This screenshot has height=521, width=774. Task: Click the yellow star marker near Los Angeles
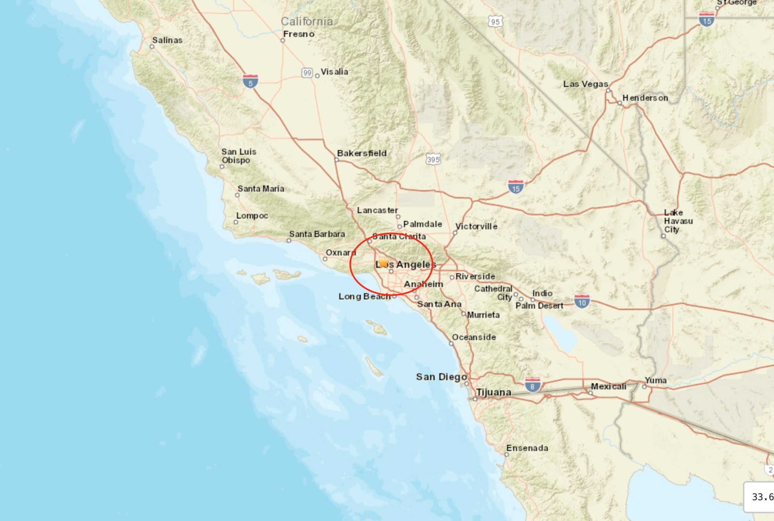[x=383, y=262]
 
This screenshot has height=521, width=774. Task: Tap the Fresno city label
[x=299, y=34]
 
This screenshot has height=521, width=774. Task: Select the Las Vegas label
[x=586, y=84]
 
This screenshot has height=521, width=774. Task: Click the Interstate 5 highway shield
[x=250, y=81]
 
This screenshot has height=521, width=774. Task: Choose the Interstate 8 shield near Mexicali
[x=532, y=385]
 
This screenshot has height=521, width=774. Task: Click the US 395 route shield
[x=433, y=159]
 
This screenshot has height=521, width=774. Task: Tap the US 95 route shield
[x=495, y=22]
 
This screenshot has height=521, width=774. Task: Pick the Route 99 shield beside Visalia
[x=307, y=72]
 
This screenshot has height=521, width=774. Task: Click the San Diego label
[x=441, y=377]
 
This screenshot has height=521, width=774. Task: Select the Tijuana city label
[x=494, y=392]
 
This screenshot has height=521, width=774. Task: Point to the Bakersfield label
[x=362, y=153]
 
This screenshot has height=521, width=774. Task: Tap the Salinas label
[x=167, y=40]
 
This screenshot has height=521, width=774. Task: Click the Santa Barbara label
[x=317, y=234]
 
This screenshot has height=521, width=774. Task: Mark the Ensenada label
[x=527, y=448]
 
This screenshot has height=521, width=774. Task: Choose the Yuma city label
[x=656, y=380]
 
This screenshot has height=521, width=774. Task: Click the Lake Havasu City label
[x=678, y=221]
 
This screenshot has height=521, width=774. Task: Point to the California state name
[x=307, y=22]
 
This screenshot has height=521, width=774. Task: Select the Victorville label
[x=476, y=226]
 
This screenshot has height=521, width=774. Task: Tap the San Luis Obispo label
[x=239, y=156]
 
